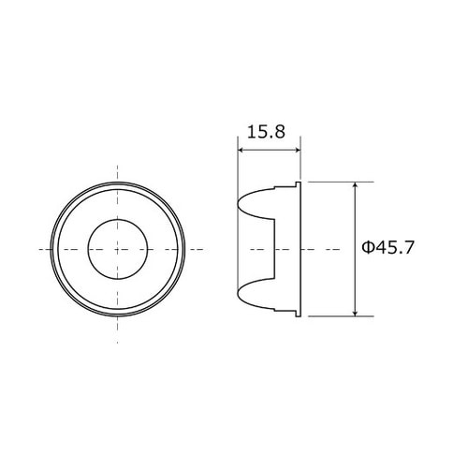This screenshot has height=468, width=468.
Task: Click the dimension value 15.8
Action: (268, 132)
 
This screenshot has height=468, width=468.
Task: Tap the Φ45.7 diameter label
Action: (388, 248)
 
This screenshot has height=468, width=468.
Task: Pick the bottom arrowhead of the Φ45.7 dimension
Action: (355, 313)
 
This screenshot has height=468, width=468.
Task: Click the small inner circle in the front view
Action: (117, 249)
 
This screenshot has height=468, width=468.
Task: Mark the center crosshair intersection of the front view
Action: (117, 249)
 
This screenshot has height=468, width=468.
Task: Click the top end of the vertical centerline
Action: (117, 166)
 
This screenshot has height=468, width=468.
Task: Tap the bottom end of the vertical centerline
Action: (117, 333)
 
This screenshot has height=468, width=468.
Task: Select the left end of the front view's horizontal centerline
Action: (37, 249)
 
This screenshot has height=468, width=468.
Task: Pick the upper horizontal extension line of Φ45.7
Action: (332, 182)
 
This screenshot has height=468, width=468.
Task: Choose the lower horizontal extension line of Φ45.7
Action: (332, 316)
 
